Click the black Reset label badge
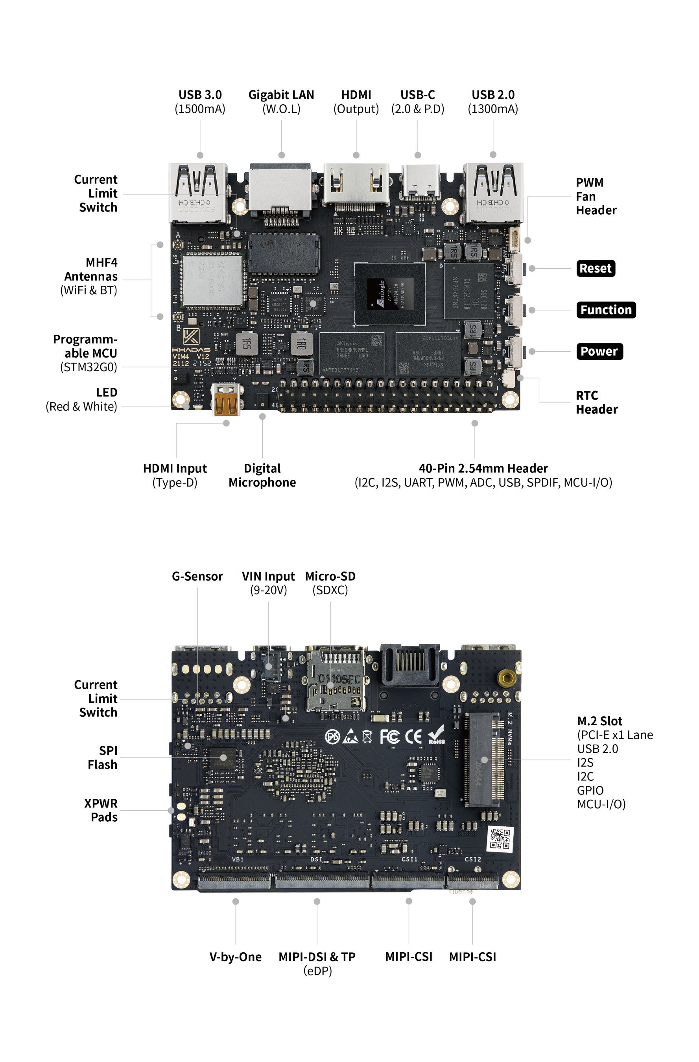pyautogui.click(x=596, y=268)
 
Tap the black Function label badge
pyautogui.click(x=606, y=310)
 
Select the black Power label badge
pyautogui.click(x=599, y=351)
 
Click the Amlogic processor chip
pyautogui.click(x=390, y=294)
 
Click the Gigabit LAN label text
pyautogui.click(x=281, y=95)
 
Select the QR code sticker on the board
pyautogui.click(x=500, y=839)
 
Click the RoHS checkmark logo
pyautogui.click(x=436, y=734)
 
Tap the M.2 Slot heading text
pyautogui.click(x=599, y=721)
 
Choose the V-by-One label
pyautogui.click(x=235, y=957)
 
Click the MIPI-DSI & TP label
pyautogui.click(x=317, y=957)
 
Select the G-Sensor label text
pyautogui.click(x=197, y=576)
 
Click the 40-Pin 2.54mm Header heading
pyautogui.click(x=483, y=468)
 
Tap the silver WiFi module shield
pyautogui.click(x=212, y=281)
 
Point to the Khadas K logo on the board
pyautogui.click(x=191, y=336)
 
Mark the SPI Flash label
pyautogui.click(x=102, y=757)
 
